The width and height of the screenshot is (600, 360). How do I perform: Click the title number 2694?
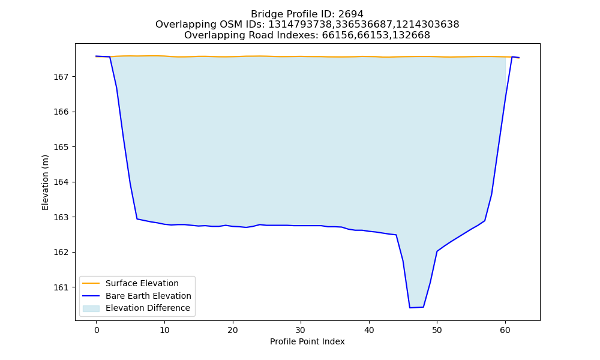pos(350,14)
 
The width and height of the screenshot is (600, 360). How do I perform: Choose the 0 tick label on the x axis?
pos(97,330)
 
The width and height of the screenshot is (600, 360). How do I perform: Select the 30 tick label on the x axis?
pos(301,330)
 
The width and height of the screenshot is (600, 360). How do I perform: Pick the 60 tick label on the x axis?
pos(505,330)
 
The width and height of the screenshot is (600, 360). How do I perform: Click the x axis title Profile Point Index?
pos(307,341)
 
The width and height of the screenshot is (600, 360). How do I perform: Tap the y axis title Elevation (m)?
pos(46,182)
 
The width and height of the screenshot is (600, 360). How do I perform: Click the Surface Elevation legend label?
pos(142,283)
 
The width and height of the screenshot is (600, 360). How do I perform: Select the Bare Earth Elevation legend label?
pos(148,296)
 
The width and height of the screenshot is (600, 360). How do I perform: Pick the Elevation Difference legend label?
pos(148,308)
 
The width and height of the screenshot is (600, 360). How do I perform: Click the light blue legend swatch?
pos(91,308)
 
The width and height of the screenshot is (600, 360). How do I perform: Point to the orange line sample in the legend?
pos(91,283)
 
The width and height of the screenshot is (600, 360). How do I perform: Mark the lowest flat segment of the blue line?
pos(416,307)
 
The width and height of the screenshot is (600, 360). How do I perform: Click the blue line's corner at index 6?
pos(137,219)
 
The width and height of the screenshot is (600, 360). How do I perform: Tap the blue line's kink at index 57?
pos(485,221)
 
